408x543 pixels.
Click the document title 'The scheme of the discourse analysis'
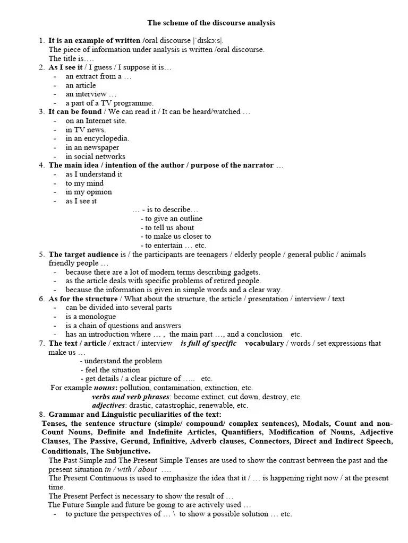pyautogui.click(x=211, y=23)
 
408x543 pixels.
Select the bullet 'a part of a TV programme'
pyautogui.click(x=109, y=103)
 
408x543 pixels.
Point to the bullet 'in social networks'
pyautogui.click(x=95, y=156)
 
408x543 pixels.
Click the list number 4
pyautogui.click(x=41, y=165)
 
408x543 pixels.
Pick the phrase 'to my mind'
pyautogui.click(x=84, y=183)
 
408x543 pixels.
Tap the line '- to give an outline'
pyautogui.click(x=172, y=218)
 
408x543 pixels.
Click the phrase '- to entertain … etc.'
pyautogui.click(x=173, y=246)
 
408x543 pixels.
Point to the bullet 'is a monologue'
pyautogui.click(x=90, y=317)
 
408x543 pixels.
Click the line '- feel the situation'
pyautogui.click(x=110, y=370)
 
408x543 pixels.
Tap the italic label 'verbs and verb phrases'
pyautogui.click(x=131, y=397)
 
